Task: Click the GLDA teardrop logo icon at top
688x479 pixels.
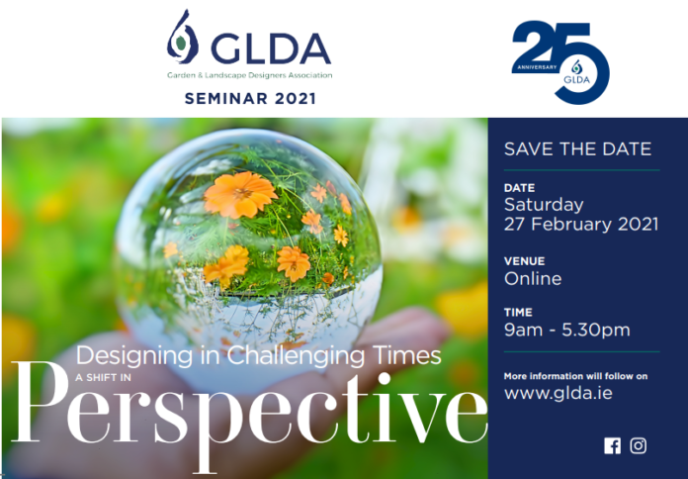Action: click(x=182, y=38)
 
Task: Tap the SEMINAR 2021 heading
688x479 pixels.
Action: click(x=250, y=98)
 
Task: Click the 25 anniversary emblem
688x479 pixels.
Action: click(x=560, y=62)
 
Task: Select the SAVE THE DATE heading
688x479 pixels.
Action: click(x=577, y=149)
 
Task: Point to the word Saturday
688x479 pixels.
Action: click(x=544, y=205)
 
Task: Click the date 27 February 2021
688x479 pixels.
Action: click(x=581, y=224)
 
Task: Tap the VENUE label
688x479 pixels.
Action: click(x=524, y=261)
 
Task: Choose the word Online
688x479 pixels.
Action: click(x=533, y=279)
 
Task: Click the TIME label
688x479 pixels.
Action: click(x=518, y=313)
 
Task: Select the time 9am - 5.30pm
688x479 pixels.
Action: click(x=566, y=330)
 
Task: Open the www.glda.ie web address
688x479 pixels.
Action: click(x=559, y=393)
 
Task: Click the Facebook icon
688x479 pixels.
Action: click(x=612, y=445)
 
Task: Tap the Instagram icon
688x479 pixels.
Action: click(x=638, y=445)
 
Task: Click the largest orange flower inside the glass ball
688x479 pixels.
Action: click(x=240, y=194)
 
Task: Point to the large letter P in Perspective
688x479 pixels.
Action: click(x=40, y=402)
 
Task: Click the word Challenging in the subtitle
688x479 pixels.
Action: click(x=296, y=355)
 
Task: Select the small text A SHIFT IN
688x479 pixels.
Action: click(x=103, y=377)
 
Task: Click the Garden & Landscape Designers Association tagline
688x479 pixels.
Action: click(x=250, y=75)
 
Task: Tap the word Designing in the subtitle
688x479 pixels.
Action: click(x=134, y=355)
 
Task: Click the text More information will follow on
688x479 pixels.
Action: click(x=575, y=376)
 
